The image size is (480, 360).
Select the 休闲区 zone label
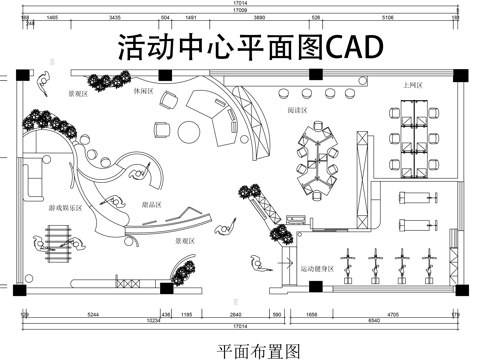point(143,91)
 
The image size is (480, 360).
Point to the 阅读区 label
point(297,110)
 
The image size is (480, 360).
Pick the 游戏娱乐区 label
point(66,208)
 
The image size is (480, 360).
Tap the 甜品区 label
point(152,205)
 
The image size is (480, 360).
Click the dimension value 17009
point(240,10)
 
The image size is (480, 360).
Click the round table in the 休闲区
point(189,132)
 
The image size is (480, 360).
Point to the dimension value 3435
point(115,17)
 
